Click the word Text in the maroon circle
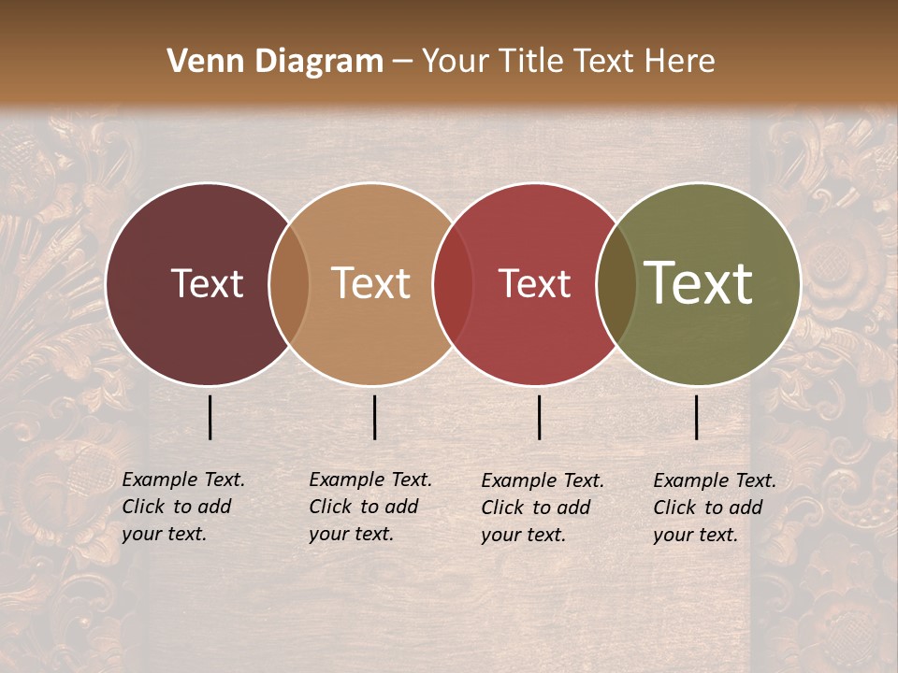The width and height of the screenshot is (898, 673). pyautogui.click(x=207, y=283)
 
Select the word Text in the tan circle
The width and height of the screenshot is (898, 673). pyautogui.click(x=371, y=283)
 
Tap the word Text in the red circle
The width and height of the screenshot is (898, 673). pyautogui.click(x=534, y=283)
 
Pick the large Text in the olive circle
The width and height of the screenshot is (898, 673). pyautogui.click(x=698, y=283)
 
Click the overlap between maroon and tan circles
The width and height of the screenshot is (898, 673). pyautogui.click(x=289, y=283)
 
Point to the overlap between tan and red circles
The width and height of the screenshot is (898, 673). pyautogui.click(x=454, y=283)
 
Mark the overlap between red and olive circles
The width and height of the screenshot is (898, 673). pyautogui.click(x=616, y=283)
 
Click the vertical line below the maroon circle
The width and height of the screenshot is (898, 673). pyautogui.click(x=210, y=417)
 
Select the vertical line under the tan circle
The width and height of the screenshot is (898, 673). pyautogui.click(x=374, y=417)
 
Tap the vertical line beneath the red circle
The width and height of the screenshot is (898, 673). pyautogui.click(x=539, y=417)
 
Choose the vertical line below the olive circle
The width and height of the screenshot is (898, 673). pyautogui.click(x=696, y=417)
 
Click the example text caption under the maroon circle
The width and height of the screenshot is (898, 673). pyautogui.click(x=182, y=507)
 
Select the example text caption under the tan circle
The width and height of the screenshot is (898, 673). pyautogui.click(x=369, y=507)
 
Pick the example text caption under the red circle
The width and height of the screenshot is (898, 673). pyautogui.click(x=542, y=507)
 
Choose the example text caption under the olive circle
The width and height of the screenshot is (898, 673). pyautogui.click(x=714, y=507)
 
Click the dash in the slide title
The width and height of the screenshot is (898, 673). pyautogui.click(x=402, y=63)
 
